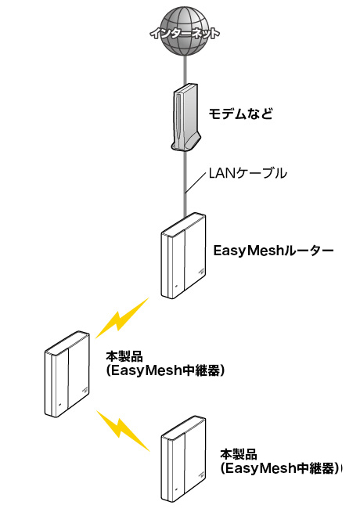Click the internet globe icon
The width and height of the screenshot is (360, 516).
click(x=185, y=31)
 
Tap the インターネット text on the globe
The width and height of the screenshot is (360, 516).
click(x=185, y=34)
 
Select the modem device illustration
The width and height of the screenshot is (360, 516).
click(x=185, y=117)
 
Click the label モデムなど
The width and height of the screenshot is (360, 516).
click(x=241, y=114)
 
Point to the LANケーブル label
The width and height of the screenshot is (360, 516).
click(x=248, y=173)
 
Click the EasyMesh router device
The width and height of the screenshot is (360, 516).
click(x=183, y=256)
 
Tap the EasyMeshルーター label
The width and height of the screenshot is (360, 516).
click(x=274, y=251)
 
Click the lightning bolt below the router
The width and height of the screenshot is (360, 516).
click(x=122, y=318)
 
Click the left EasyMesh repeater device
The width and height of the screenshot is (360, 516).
click(x=67, y=374)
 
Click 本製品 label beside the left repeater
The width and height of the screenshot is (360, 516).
click(x=124, y=357)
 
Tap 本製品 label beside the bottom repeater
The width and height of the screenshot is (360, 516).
click(x=239, y=454)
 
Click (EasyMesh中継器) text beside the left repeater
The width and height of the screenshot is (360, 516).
click(x=165, y=370)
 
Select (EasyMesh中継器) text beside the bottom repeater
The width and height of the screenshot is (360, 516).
click(x=279, y=468)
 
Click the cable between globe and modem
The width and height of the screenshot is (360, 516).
click(x=185, y=70)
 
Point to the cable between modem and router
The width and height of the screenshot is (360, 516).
click(x=185, y=183)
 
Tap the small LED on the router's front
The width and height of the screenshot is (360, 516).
click(x=176, y=286)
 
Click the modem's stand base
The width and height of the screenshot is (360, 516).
click(x=185, y=144)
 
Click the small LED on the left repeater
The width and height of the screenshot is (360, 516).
click(x=59, y=405)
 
